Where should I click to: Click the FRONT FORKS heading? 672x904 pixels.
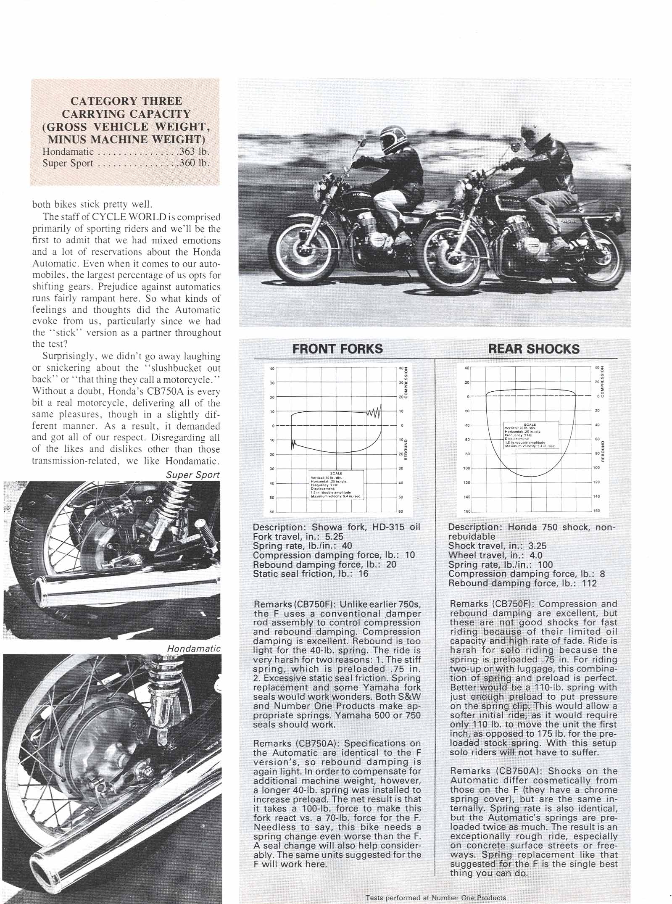point(337,349)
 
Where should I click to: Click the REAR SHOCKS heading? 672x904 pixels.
point(534,349)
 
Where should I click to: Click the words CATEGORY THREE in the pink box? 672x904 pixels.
point(126,101)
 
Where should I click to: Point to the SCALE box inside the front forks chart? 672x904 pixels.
point(336,485)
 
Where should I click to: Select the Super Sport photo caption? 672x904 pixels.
point(192,475)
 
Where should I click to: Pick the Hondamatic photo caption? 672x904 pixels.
point(193,648)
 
